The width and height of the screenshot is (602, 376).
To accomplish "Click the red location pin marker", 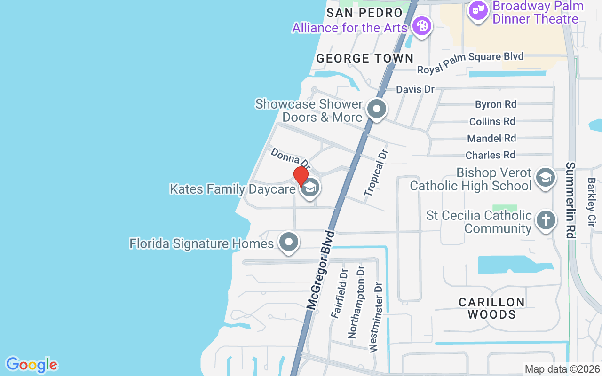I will [301, 177].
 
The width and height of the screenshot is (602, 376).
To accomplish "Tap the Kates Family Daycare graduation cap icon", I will [309, 188].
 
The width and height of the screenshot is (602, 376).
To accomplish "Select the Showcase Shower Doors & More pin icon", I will [376, 110].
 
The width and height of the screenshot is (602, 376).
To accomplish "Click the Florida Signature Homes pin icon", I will [289, 243].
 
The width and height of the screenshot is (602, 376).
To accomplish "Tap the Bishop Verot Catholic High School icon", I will [545, 178].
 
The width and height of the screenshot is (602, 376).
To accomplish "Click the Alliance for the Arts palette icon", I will [422, 26].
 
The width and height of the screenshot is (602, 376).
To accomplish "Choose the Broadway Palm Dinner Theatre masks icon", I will [478, 10].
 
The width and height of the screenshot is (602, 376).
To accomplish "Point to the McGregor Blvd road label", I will [320, 270].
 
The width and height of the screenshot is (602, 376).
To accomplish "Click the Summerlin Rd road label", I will [570, 200].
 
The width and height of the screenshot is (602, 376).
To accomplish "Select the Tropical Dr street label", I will [377, 173].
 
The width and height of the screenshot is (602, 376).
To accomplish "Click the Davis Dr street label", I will [415, 89].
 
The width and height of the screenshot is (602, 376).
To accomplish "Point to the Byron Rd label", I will [495, 104].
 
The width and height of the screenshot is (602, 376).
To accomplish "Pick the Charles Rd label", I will [490, 155].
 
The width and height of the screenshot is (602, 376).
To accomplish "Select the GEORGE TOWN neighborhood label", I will [364, 58].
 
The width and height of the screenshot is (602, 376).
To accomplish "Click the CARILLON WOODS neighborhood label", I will [491, 308].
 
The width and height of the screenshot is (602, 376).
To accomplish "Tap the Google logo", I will [32, 365].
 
